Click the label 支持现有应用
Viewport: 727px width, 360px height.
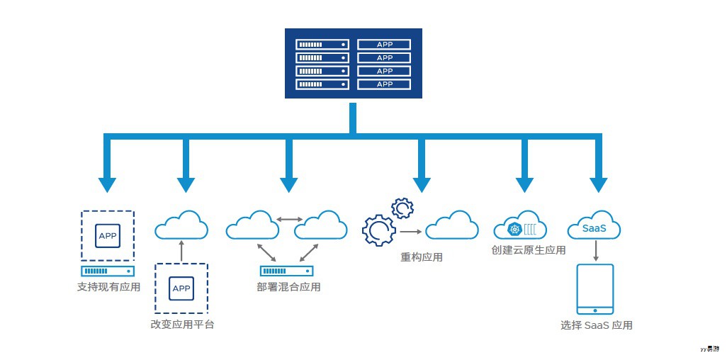tap(108, 287)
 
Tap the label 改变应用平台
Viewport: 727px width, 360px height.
tap(182, 324)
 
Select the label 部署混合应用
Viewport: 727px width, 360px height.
tap(288, 287)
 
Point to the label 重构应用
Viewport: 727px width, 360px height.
tap(422, 257)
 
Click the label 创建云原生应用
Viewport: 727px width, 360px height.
tap(529, 250)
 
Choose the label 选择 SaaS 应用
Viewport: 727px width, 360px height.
tap(596, 325)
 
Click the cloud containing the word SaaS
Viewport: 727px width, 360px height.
tap(594, 227)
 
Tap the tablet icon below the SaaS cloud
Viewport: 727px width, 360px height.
tap(595, 289)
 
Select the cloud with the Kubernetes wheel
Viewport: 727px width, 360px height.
tap(521, 226)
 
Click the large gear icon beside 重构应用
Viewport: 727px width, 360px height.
tap(378, 230)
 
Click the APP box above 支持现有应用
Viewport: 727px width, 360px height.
tap(108, 235)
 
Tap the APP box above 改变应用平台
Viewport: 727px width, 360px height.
tap(181, 288)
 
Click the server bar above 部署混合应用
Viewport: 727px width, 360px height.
tap(286, 271)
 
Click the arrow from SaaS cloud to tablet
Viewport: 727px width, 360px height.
tap(595, 250)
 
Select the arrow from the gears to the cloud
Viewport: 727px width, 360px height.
tap(411, 232)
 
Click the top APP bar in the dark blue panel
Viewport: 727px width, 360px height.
tap(384, 44)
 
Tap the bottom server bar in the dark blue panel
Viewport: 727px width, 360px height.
tap(322, 84)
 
